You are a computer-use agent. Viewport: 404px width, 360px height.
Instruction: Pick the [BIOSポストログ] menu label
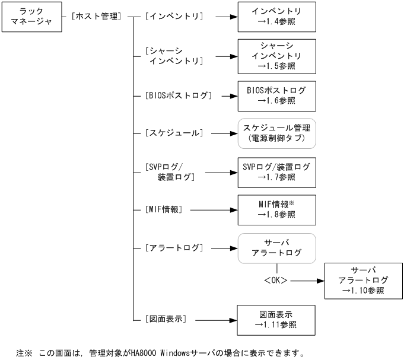click(x=178, y=95)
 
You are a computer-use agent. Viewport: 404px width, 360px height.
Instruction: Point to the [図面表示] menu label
click(x=166, y=319)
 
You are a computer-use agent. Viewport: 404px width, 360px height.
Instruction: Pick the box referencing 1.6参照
click(x=276, y=95)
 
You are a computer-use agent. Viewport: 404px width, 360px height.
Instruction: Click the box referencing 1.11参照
click(x=276, y=320)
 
